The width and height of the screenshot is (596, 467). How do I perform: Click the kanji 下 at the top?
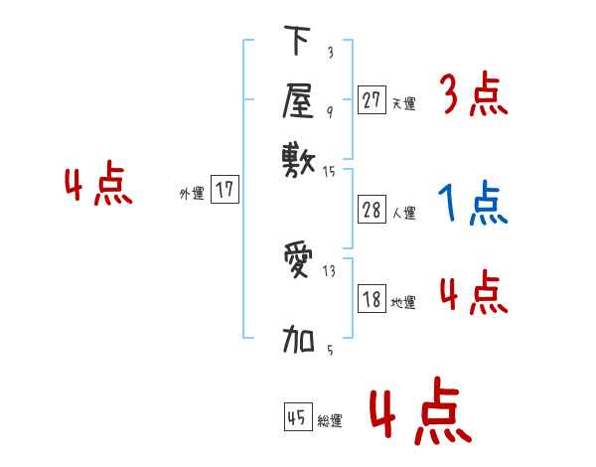point(297,42)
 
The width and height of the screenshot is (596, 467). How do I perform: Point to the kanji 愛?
point(298,261)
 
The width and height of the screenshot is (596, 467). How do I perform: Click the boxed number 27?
point(372,99)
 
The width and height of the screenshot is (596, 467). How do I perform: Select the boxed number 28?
point(372,210)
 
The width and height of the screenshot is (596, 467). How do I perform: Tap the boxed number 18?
point(372,300)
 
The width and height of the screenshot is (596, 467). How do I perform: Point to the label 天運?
point(403,102)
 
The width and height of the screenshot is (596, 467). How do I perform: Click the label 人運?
point(403,213)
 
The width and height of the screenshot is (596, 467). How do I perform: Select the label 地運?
point(403,303)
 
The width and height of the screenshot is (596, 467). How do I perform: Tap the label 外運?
point(192,194)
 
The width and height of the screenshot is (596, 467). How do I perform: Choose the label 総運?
point(330,421)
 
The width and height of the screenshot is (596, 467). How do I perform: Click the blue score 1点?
point(472,204)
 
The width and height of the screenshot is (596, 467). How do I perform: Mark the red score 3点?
point(473,95)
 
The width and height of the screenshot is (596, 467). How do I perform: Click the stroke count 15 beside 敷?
point(330,172)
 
